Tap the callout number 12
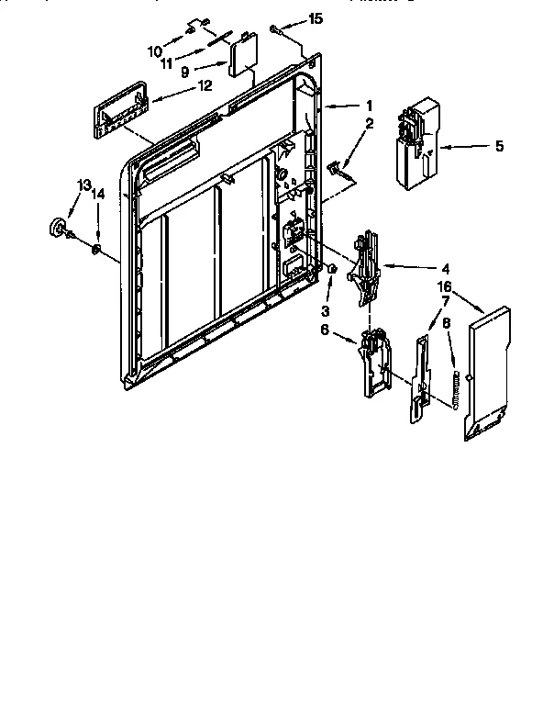205,86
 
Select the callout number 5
499,145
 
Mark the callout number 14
98,195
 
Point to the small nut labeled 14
95,247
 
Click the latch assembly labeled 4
366,265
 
